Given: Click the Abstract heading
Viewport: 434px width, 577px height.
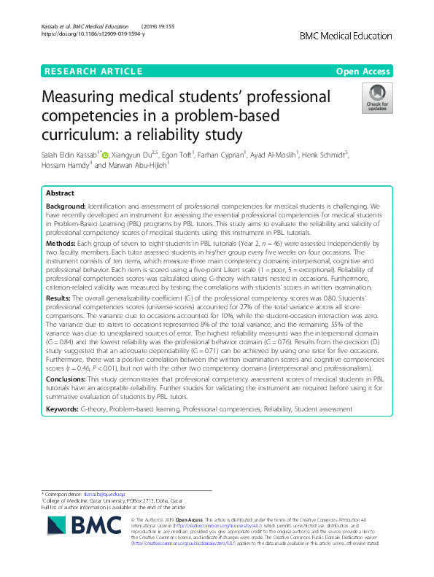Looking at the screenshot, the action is [61, 193].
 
